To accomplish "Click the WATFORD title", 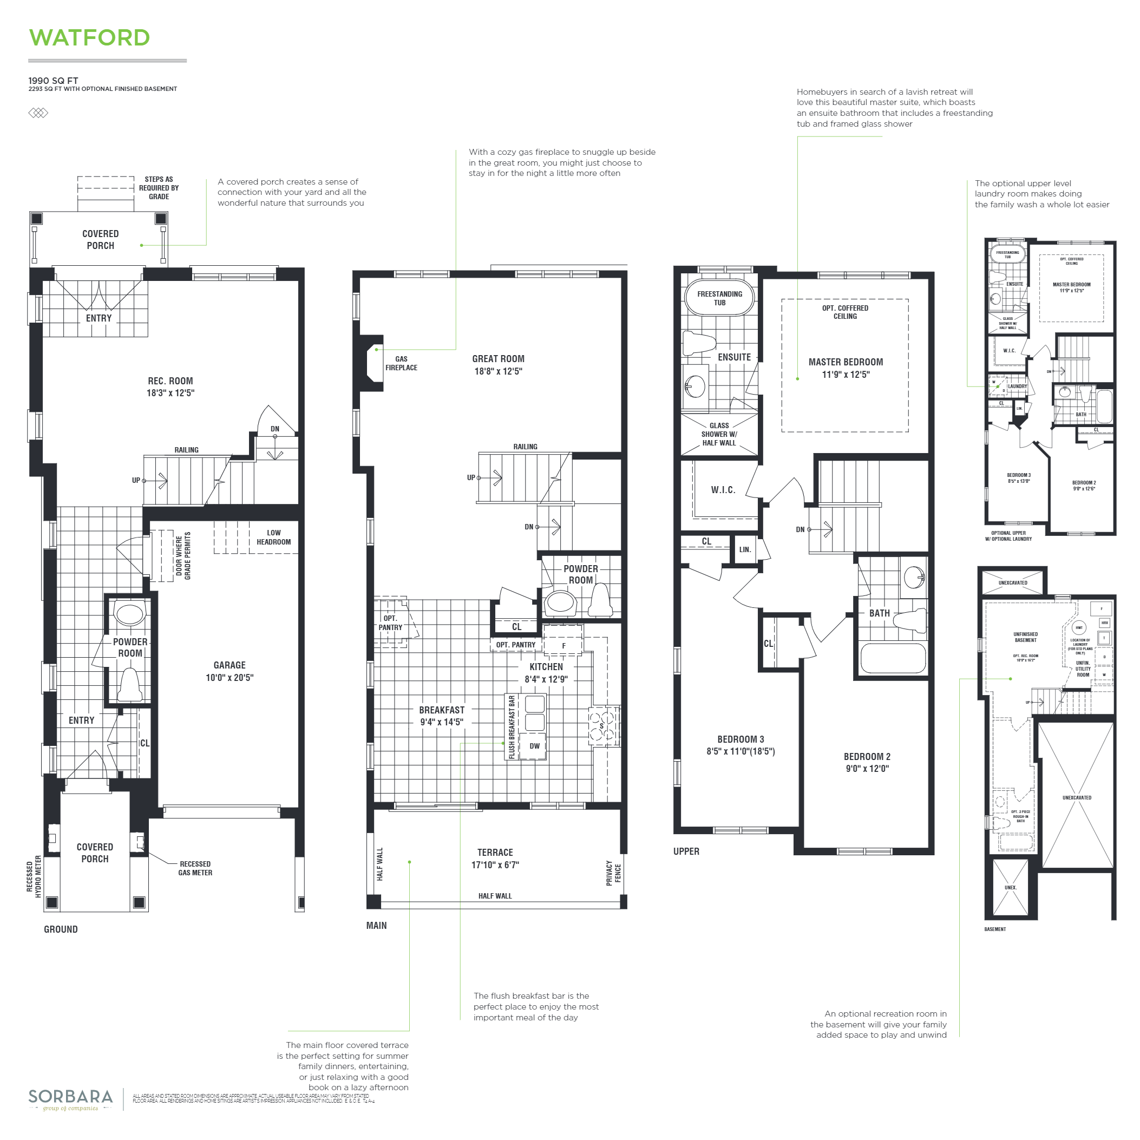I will (89, 38).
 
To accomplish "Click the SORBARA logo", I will (70, 1098).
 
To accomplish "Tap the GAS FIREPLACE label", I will (401, 363).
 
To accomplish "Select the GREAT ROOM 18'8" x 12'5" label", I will (498, 365).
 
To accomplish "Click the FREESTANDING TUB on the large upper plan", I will (719, 298).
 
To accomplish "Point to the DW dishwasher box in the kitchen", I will (534, 746).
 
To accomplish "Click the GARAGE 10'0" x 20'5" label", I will (230, 671).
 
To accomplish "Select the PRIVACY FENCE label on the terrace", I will (613, 873).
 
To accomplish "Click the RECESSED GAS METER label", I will (195, 868).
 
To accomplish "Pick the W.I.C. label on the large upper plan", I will (723, 490).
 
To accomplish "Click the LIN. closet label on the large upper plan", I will (745, 549).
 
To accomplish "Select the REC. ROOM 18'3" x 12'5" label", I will (171, 386).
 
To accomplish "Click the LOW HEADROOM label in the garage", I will (273, 537).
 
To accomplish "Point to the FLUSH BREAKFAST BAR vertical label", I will (512, 727).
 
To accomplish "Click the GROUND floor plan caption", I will (61, 929).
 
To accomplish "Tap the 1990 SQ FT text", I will (53, 81).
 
